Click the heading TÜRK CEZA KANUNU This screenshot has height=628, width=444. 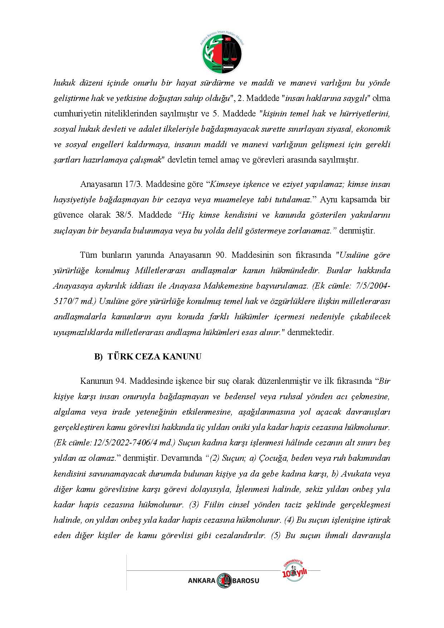coord(154,357)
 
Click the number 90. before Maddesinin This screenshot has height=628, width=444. coord(220,255)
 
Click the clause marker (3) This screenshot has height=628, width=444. coord(194,505)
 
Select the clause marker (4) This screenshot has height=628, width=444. coord(289,520)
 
